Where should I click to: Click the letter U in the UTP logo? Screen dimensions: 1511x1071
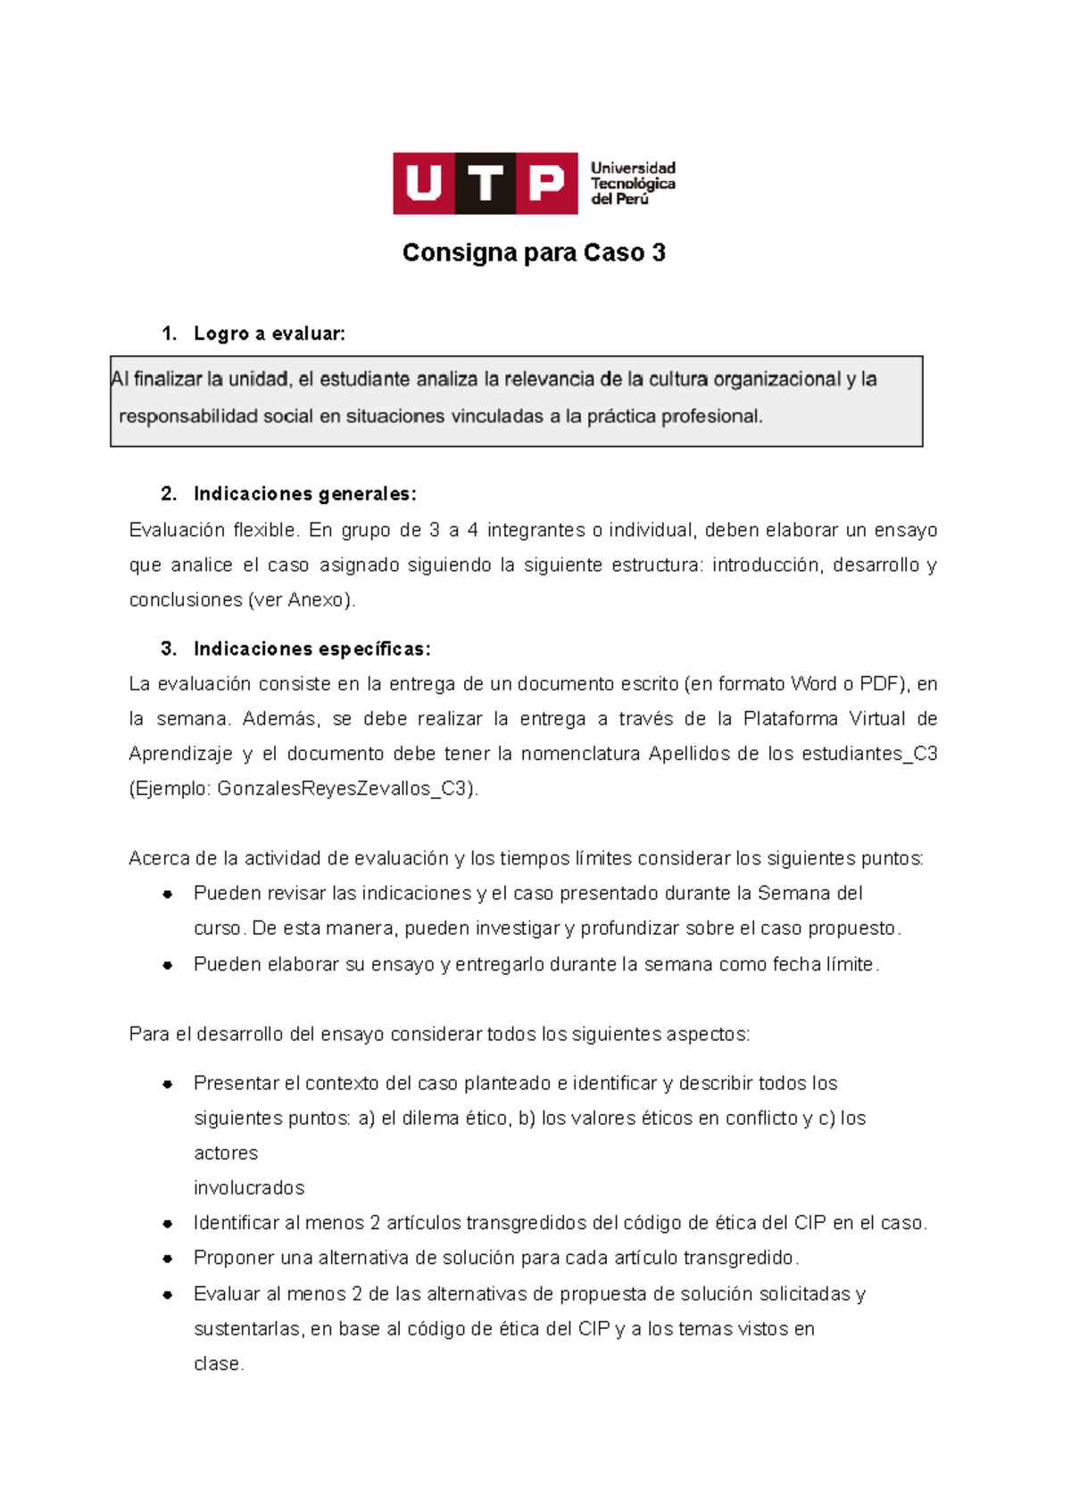click(x=423, y=184)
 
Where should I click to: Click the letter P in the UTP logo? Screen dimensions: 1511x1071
click(x=546, y=184)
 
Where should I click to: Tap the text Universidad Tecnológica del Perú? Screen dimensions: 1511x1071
click(x=633, y=184)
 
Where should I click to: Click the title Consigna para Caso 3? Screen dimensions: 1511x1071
click(x=534, y=253)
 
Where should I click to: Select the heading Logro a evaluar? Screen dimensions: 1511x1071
click(x=269, y=334)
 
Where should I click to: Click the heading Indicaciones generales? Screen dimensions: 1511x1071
click(x=304, y=494)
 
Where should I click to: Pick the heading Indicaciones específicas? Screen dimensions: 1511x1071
click(x=311, y=649)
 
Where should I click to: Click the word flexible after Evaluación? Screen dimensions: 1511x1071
click(x=265, y=531)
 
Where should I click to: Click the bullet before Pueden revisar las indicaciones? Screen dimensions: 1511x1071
click(x=167, y=895)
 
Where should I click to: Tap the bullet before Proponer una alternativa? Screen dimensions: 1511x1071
click(x=167, y=1259)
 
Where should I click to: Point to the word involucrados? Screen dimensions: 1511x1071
click(x=249, y=1189)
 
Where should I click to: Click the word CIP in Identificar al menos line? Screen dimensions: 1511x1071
click(x=810, y=1224)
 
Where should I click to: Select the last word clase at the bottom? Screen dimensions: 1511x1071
click(x=218, y=1365)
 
